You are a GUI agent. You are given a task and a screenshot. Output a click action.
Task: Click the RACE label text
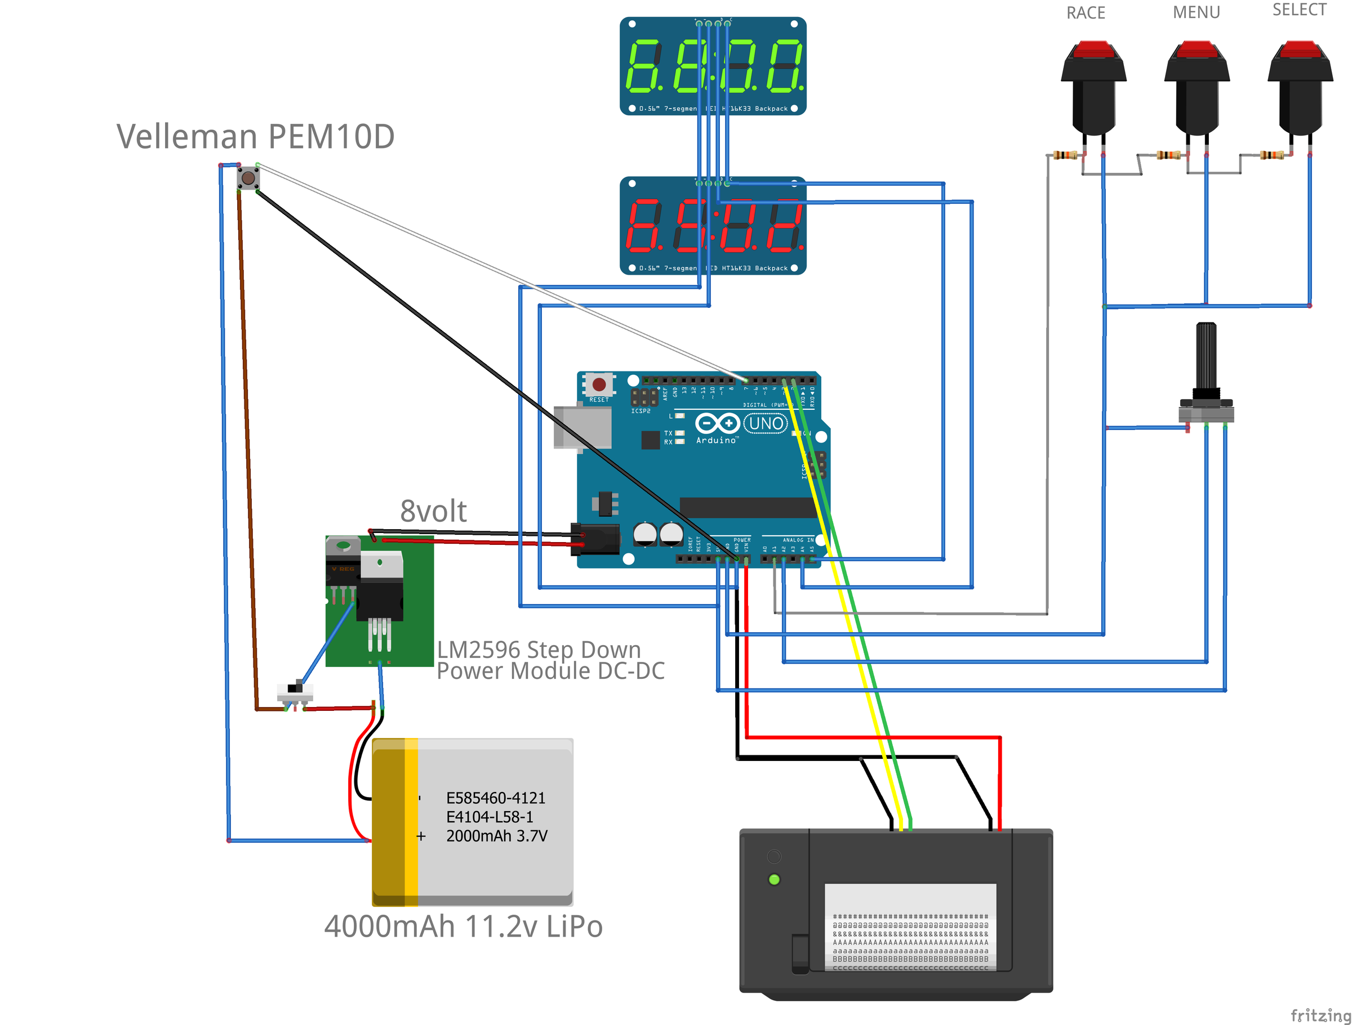coord(1086,13)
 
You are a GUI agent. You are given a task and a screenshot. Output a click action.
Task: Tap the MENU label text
coord(1196,12)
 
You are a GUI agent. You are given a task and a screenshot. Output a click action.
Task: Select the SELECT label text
coord(1300,10)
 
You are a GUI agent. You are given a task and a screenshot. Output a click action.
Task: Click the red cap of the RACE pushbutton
coord(1093,49)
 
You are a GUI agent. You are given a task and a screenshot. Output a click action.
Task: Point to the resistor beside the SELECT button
coord(1272,155)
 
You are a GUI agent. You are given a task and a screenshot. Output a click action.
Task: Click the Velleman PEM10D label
coord(256,136)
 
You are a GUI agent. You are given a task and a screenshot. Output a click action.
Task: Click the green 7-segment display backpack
coord(713,66)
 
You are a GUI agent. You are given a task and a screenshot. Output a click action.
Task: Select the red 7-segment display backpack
coord(713,226)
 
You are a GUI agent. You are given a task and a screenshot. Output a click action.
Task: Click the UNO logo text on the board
coord(766,423)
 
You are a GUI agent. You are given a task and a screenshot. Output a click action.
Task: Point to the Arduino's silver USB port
coord(582,428)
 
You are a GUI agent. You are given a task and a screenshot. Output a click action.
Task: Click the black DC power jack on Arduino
coord(594,539)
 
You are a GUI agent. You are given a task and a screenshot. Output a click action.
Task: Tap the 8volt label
coord(433,511)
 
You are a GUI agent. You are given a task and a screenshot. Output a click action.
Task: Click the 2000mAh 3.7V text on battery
coord(496,836)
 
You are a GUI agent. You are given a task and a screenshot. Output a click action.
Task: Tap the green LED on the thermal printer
coord(774,880)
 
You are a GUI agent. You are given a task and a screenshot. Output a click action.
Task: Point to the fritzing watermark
coord(1320,1015)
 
